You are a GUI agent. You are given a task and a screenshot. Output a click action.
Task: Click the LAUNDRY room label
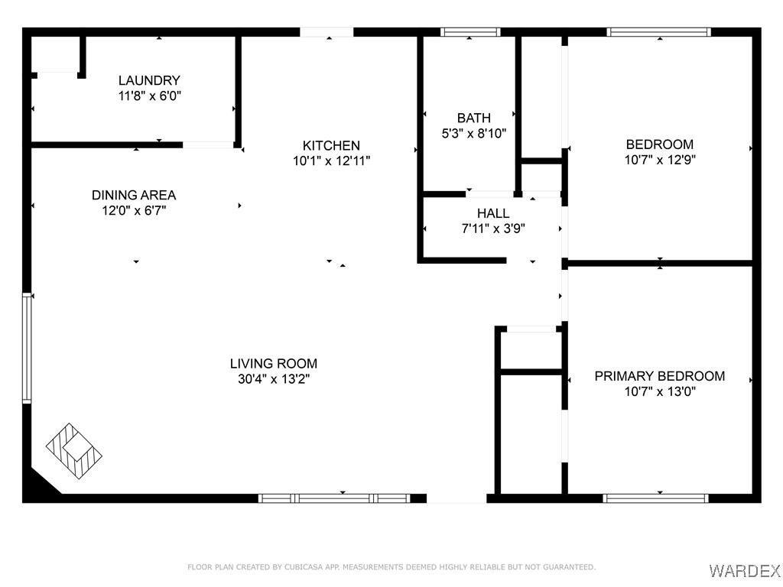click(149, 80)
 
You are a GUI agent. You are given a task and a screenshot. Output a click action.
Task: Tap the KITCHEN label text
click(331, 146)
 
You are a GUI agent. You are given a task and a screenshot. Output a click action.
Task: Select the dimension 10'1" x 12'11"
click(331, 161)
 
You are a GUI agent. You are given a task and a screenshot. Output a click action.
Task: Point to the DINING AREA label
click(134, 195)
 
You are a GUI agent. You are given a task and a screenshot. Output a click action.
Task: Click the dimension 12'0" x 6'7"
click(134, 210)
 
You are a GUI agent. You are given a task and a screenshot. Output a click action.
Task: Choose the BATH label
click(474, 118)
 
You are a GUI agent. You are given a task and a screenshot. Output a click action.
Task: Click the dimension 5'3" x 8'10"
click(474, 133)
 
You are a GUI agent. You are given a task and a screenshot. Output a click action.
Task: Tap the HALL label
click(493, 214)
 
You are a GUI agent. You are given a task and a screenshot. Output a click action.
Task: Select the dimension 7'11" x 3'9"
click(493, 229)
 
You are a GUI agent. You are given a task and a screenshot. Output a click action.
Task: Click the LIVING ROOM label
click(274, 364)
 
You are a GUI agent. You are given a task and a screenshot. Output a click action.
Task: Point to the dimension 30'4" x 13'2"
click(274, 379)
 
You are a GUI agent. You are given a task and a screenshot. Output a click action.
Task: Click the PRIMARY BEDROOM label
click(660, 376)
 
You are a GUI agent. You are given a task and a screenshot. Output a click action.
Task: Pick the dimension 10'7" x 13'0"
click(660, 391)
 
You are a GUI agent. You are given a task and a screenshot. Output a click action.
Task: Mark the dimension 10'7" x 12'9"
click(660, 160)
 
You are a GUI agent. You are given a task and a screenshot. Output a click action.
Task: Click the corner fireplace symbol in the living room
click(74, 451)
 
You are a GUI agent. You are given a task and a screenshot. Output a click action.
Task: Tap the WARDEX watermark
click(745, 569)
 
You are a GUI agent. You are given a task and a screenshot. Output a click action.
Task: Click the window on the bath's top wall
click(470, 32)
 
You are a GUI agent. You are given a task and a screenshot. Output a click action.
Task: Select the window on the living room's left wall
click(27, 348)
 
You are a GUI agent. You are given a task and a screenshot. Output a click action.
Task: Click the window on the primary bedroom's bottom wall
click(655, 498)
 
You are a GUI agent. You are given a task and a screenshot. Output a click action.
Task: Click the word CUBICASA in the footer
click(305, 567)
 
